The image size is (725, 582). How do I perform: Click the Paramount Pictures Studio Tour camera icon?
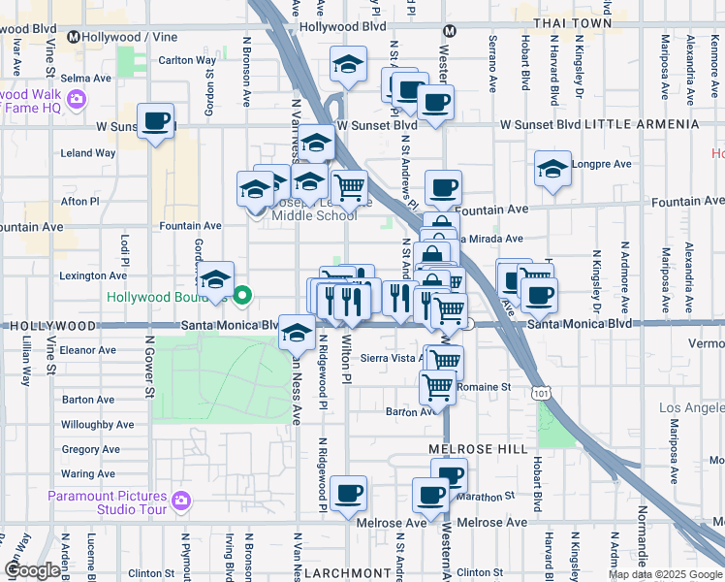(180, 501)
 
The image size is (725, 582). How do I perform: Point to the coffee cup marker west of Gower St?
(155, 121)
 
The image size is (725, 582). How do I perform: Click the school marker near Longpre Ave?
(552, 169)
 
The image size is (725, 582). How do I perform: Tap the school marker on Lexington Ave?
(216, 279)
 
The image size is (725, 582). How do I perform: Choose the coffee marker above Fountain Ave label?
(443, 188)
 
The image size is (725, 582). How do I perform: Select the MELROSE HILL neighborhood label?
(478, 449)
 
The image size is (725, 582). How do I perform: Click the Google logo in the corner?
(32, 569)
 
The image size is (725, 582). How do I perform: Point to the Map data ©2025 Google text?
(664, 574)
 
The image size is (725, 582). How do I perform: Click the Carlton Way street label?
(188, 60)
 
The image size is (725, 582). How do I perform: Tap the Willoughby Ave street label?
(98, 425)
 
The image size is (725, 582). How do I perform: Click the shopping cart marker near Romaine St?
(437, 386)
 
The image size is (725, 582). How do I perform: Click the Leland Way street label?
(88, 153)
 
